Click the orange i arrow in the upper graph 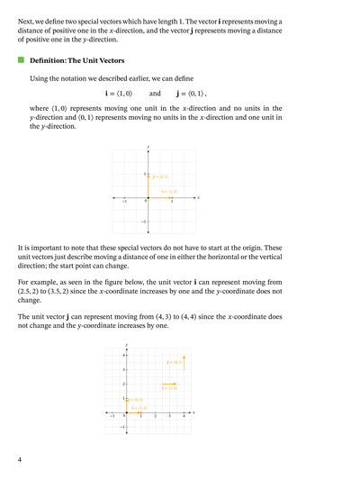[159, 196]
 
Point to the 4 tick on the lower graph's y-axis [123, 357]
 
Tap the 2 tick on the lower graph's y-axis [123, 385]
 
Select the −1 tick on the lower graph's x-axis [112, 416]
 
